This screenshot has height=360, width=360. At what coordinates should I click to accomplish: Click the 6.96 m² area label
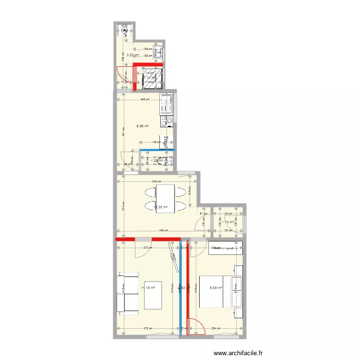pos(143,126)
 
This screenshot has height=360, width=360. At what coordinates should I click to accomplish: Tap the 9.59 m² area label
pos(216,288)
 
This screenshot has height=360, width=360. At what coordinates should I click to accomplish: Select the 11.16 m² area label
pos(148,288)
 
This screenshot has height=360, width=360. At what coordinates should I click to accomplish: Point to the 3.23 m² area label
pos(133,55)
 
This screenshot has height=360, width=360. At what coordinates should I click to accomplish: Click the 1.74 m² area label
pos(228,222)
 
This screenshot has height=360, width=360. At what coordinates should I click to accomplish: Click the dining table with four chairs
pos(165,198)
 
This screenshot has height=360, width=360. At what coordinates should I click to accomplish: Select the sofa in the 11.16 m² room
pos(128,293)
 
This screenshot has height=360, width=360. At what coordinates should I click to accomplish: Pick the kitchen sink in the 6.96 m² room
pos(166,101)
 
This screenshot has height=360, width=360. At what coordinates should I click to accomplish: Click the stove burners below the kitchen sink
pos(167,119)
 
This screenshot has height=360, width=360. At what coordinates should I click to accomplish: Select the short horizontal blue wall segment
pos(157,150)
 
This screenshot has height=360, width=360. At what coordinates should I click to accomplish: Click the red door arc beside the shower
pos(121,75)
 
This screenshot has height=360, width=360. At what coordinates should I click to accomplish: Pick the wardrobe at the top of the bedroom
pos(225,248)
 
